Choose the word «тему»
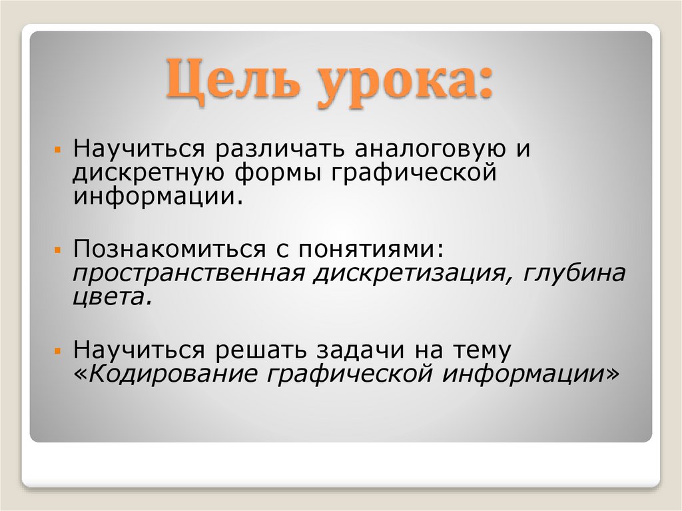pos(482,349)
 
